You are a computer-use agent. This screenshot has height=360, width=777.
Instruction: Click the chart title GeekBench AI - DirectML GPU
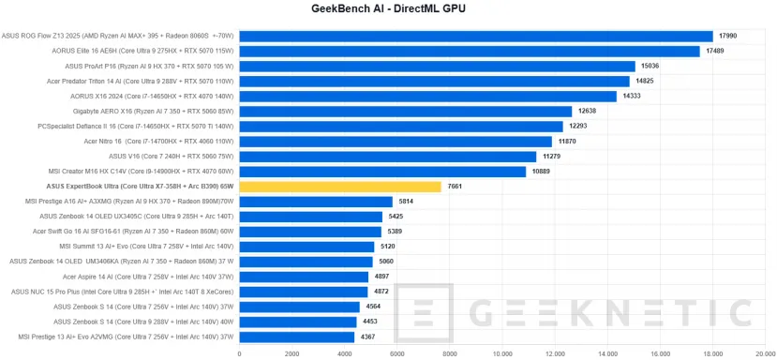388,9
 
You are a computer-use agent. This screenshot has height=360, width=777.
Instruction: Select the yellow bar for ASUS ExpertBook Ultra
340,187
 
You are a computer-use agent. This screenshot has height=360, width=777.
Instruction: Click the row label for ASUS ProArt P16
150,67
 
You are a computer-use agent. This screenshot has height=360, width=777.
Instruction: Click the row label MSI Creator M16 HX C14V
142,172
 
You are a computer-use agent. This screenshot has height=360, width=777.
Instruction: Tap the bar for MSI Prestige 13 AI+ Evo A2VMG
297,337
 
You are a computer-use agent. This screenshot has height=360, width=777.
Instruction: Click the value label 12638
589,112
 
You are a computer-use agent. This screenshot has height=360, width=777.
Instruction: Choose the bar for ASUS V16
388,157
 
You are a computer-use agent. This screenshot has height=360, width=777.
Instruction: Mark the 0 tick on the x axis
240,354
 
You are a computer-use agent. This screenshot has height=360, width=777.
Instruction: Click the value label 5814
408,202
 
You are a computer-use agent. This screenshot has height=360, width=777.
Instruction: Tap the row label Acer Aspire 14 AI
149,277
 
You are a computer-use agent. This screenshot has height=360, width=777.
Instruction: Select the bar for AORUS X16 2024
428,97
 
